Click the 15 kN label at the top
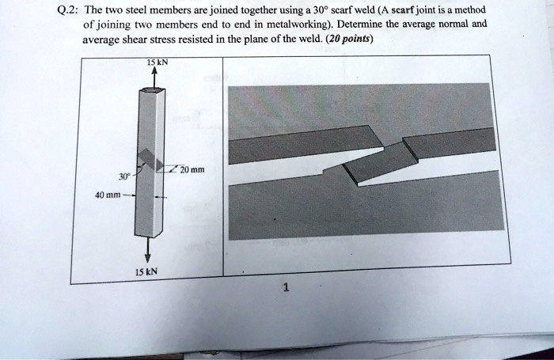click(x=155, y=63)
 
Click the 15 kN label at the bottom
click(x=148, y=271)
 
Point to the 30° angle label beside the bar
click(x=123, y=176)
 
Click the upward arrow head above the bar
click(x=154, y=71)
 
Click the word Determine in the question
click(x=366, y=25)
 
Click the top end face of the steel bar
click(x=154, y=91)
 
